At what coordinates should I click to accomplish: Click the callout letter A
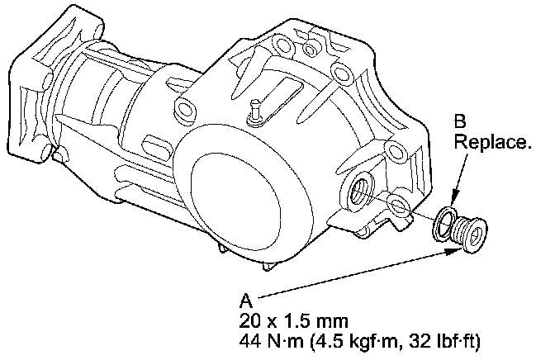pos(245,300)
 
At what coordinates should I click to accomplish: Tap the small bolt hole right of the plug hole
pos(396,204)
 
